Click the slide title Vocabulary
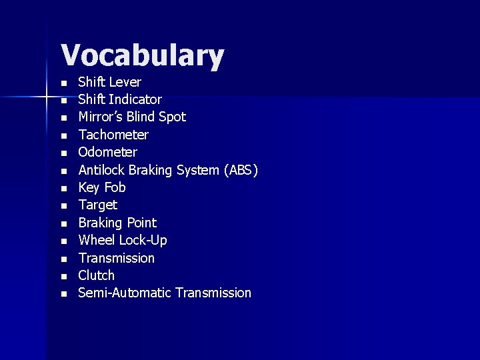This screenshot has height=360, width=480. (142, 57)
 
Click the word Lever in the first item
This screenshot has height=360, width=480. (125, 82)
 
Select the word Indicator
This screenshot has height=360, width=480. (135, 99)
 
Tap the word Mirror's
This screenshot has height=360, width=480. (99, 117)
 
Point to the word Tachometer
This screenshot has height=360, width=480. (113, 135)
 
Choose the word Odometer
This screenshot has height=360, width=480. (107, 152)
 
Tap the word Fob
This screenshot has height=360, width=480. (115, 187)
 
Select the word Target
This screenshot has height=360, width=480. (97, 205)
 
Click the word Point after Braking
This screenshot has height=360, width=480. (141, 223)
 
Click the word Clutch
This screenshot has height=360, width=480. (97, 275)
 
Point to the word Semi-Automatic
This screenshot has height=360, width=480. (125, 293)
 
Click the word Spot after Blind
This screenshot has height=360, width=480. (173, 117)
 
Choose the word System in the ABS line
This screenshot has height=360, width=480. (197, 170)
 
